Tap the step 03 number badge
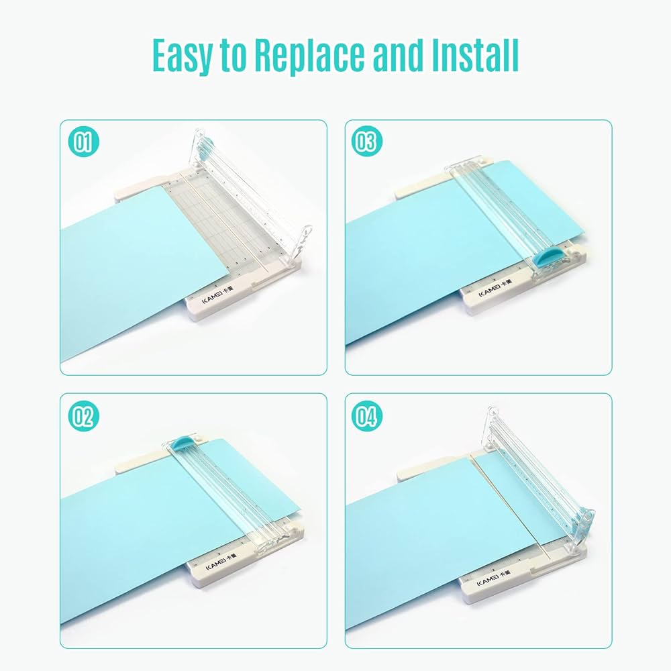366,142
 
